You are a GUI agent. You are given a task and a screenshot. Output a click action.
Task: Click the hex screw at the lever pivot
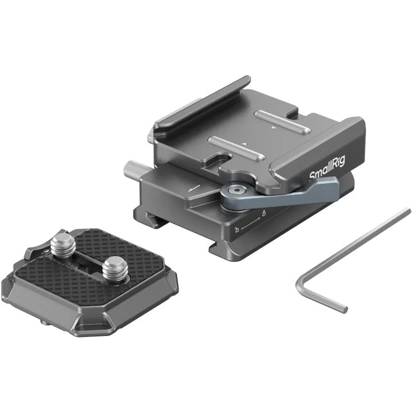pos(233,190)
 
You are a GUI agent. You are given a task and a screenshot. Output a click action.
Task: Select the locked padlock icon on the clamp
pos(263,213)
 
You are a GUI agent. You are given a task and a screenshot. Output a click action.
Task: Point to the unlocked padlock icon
pos(237,229)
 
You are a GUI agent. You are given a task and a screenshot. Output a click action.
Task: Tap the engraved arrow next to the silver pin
pos(194,188)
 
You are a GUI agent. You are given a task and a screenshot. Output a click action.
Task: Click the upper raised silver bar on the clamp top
pos(282,121)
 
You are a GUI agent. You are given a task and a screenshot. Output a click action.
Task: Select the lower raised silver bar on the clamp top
pos(236,148)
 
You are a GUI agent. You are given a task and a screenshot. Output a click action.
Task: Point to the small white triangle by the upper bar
pos(274,128)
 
